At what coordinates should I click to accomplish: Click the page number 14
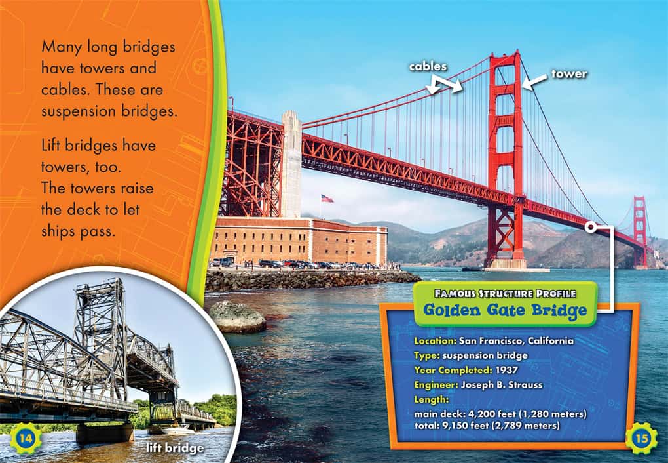tap(26, 438)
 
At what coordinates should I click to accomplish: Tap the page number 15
tap(642, 438)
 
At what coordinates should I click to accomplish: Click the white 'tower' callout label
tap(569, 74)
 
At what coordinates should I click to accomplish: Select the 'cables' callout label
tap(428, 67)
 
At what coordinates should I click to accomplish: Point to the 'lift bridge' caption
tap(175, 448)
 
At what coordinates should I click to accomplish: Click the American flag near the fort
tap(327, 199)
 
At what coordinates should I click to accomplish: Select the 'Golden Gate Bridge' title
tap(505, 310)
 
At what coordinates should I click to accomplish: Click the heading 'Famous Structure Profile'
tap(506, 294)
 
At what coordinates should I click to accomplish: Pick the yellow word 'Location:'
tap(435, 341)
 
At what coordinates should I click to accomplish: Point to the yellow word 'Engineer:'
tap(436, 385)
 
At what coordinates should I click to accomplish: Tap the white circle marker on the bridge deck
tap(590, 227)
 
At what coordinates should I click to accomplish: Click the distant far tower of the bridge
tap(639, 231)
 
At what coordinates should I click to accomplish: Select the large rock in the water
tap(237, 317)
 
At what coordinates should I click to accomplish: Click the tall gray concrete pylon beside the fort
tap(291, 165)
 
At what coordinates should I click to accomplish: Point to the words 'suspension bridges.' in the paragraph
tap(109, 111)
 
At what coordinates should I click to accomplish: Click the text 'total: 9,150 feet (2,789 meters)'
tap(487, 426)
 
